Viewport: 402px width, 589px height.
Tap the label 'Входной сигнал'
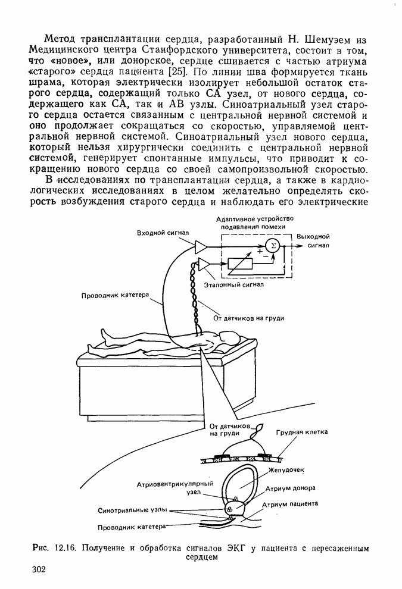pos(163,233)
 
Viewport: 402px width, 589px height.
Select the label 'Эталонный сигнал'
pos(229,286)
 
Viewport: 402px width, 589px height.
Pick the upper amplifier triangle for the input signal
pos(201,246)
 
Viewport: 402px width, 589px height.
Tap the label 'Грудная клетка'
pos(302,432)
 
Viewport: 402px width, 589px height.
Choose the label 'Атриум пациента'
pos(292,504)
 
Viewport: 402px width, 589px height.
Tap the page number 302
pos(39,571)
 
